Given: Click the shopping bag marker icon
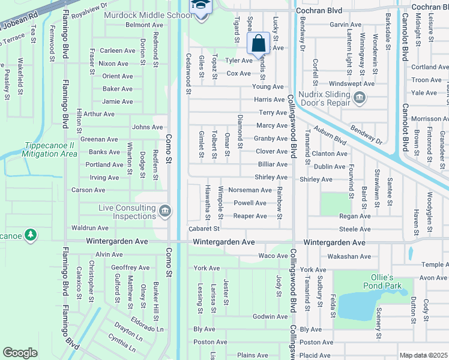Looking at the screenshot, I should point(258,44).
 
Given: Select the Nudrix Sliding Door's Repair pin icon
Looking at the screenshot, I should point(360,98).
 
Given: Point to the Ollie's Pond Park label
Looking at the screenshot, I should point(382,282).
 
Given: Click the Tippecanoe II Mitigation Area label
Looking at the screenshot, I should point(51,149).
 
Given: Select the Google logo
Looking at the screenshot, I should point(20,353).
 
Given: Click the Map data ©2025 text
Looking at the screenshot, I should point(424,355).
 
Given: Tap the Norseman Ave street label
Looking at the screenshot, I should point(250,190).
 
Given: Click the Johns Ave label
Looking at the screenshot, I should point(148,127).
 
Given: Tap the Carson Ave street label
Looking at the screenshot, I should point(88,190).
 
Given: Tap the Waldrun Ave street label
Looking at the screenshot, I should point(89,228).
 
